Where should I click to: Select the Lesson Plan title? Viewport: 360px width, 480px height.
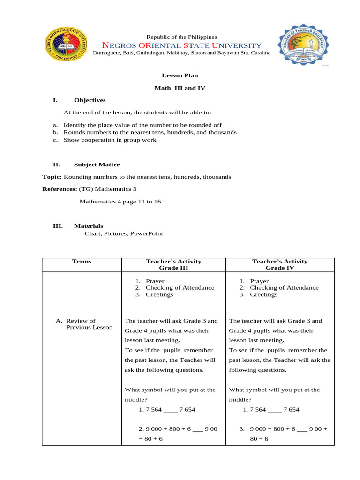tap(177, 75)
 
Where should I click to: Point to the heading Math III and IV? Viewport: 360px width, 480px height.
tap(180, 88)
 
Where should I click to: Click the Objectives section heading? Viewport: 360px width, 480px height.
tap(90, 100)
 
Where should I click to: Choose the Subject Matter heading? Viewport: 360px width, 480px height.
tap(97, 165)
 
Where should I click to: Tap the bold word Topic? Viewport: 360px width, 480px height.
tap(52, 177)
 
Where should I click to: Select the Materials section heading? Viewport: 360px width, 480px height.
tap(88, 226)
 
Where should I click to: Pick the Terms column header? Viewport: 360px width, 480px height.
tap(82, 262)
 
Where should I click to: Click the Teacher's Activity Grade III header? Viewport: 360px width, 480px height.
tap(174, 265)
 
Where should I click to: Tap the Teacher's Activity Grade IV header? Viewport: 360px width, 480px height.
tap(280, 265)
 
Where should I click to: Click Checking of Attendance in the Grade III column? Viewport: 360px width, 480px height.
tap(180, 288)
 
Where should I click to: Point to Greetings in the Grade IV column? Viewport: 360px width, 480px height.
tap(263, 295)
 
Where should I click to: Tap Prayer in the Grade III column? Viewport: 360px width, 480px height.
tap(155, 281)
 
